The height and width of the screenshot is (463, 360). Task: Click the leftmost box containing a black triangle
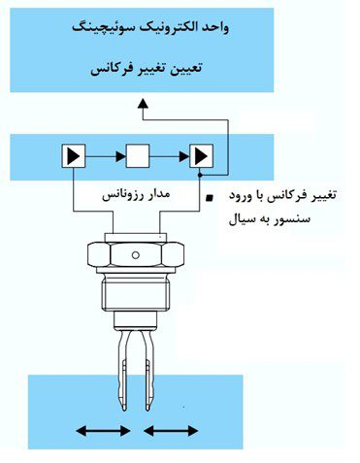click(x=73, y=154)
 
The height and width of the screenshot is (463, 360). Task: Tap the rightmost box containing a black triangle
click(x=202, y=154)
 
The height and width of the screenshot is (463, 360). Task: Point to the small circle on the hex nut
click(x=136, y=255)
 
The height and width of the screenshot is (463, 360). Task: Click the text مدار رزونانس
click(x=137, y=195)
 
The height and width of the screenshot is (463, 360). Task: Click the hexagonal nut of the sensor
click(x=136, y=256)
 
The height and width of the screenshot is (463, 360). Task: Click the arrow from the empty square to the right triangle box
click(x=171, y=154)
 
